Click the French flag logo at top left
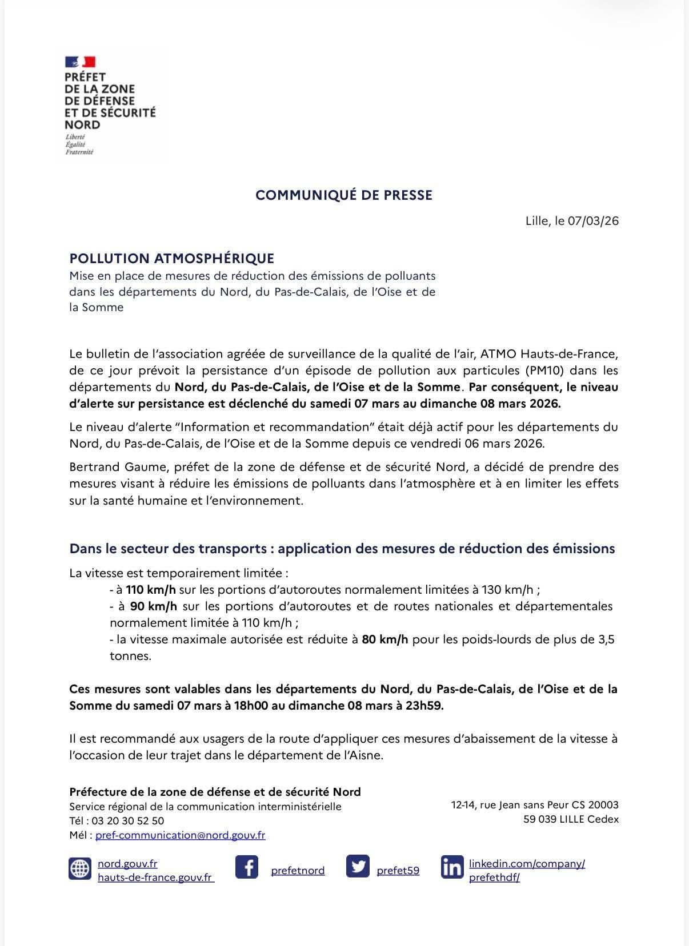[80, 62]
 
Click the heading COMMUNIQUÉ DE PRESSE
[344, 195]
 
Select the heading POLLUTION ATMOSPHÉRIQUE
[172, 259]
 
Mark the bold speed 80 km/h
[385, 639]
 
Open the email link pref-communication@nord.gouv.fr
[180, 835]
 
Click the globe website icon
[80, 868]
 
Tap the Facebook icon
[247, 867]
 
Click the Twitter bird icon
[358, 867]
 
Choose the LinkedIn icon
[452, 868]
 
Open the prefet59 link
[398, 871]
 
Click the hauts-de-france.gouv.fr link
[155, 877]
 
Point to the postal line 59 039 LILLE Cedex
[570, 819]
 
